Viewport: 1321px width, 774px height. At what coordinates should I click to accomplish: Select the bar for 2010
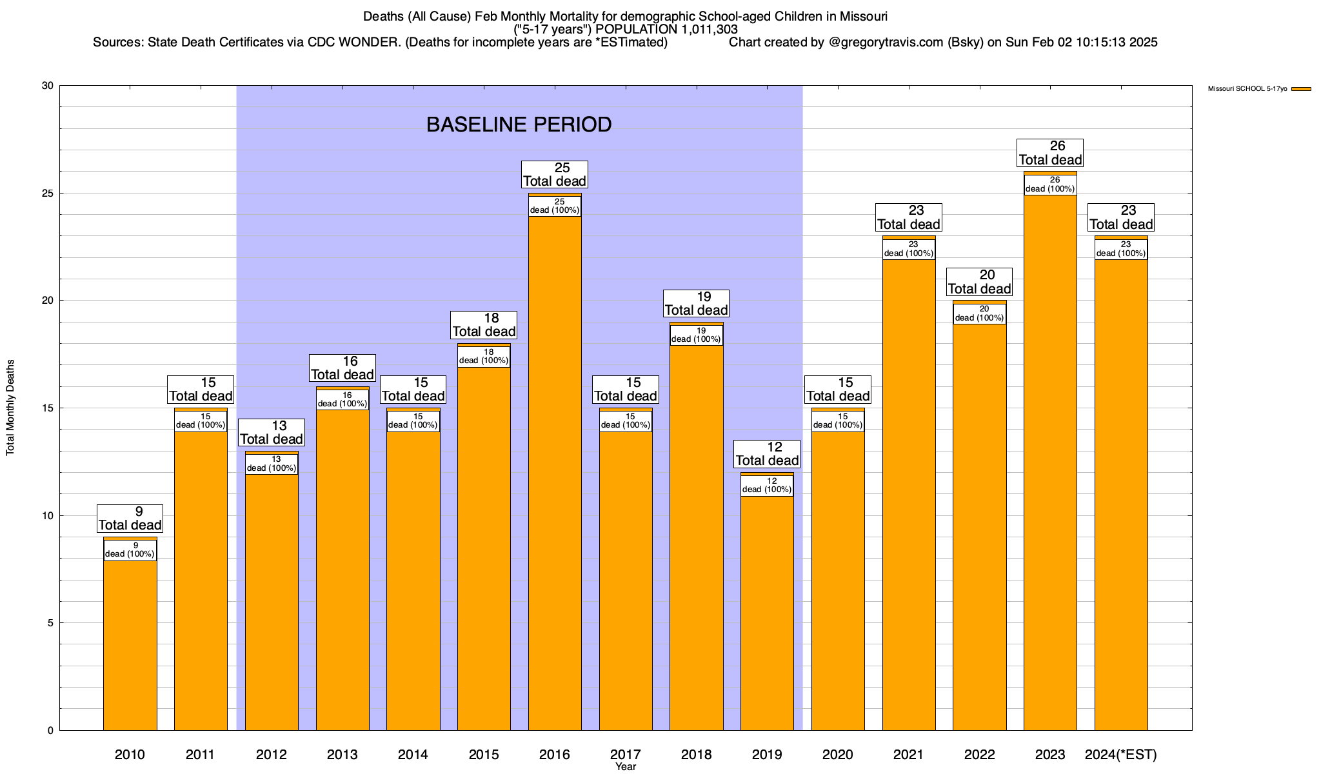point(130,645)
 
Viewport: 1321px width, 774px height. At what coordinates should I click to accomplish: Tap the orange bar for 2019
point(767,613)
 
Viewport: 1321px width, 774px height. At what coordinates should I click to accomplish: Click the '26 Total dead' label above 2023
point(1050,153)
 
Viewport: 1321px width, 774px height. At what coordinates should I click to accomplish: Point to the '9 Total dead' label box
point(130,519)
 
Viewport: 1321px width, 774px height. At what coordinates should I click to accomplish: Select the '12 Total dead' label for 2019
point(767,454)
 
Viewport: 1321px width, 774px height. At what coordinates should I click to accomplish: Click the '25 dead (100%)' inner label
point(555,206)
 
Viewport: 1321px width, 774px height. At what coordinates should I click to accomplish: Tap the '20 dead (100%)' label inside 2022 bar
point(979,313)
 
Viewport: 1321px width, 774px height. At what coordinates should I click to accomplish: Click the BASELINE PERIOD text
point(519,124)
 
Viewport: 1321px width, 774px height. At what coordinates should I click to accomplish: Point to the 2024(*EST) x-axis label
point(1121,755)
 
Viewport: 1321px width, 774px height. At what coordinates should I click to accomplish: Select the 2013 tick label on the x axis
point(342,755)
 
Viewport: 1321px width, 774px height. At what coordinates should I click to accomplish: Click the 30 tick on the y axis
point(48,86)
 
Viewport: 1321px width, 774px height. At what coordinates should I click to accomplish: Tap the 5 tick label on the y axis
point(50,623)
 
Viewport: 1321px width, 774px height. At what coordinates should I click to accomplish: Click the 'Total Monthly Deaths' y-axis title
point(10,408)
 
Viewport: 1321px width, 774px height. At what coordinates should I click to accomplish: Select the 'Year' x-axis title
point(626,767)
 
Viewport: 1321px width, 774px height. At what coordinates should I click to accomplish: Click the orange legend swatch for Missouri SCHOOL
point(1302,89)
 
